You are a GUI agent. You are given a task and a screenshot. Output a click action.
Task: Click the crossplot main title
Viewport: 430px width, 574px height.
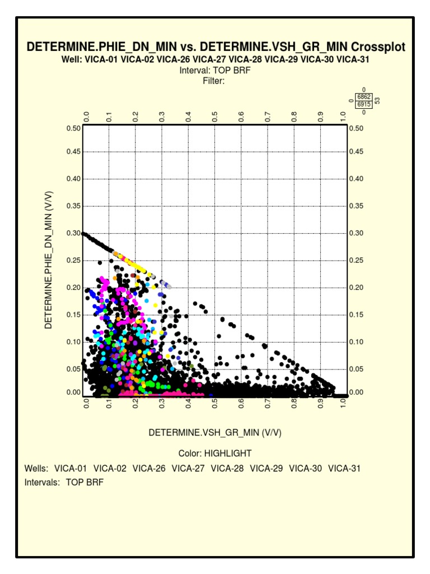coord(216,47)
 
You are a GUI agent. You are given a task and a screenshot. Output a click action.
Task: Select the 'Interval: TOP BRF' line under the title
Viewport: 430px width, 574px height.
coord(215,71)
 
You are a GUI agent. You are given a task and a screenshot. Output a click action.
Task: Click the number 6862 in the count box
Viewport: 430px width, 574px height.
coord(364,97)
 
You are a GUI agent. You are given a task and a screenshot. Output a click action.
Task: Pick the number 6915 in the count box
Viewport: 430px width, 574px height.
coord(364,104)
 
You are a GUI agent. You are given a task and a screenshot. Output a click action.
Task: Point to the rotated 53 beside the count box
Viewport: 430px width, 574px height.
coord(377,101)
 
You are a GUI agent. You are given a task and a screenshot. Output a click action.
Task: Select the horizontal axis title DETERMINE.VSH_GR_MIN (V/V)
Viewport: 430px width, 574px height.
coord(215,432)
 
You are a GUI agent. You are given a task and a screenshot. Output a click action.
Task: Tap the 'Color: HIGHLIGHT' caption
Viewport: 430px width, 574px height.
coord(215,453)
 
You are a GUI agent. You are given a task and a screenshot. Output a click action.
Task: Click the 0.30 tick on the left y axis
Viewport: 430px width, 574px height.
coord(74,233)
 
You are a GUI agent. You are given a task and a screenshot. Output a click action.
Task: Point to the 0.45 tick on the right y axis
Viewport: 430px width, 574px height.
coord(356,151)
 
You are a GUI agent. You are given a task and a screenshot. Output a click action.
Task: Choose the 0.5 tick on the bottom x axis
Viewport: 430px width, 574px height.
coord(215,404)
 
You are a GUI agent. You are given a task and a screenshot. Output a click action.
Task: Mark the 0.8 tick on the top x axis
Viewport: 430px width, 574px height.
coord(294,117)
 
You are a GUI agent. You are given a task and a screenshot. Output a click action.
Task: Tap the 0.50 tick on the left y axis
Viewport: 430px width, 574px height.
coord(74,128)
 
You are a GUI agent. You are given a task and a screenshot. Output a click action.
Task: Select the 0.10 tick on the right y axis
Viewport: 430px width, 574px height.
coord(356,342)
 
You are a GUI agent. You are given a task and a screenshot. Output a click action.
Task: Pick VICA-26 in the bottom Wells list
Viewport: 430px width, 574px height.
coord(149,468)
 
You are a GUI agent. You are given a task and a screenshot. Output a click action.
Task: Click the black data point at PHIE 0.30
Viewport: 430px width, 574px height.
coord(84,233)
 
